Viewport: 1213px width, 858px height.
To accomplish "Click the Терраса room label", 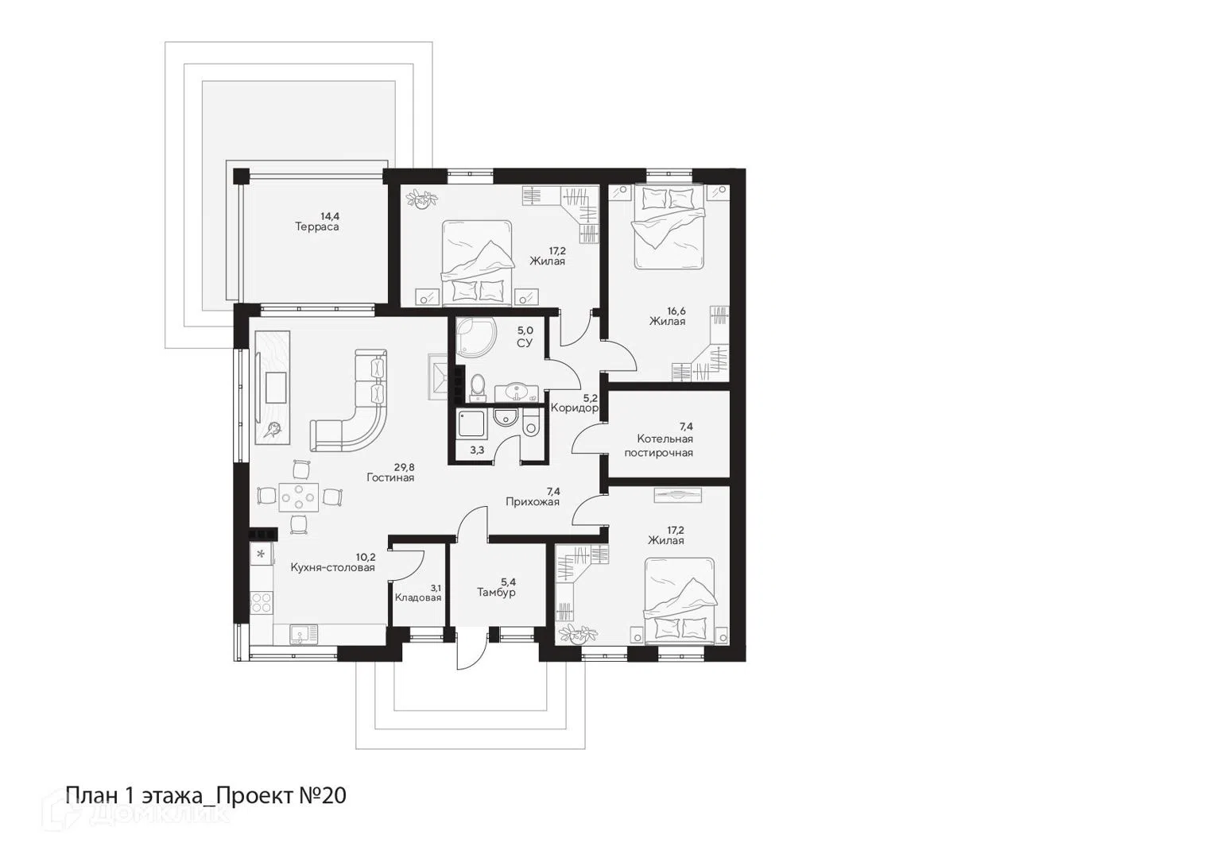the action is pos(317,227).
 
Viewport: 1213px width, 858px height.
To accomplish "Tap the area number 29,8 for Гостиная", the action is pos(404,466).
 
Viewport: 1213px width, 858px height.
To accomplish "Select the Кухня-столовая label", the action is pos(332,568).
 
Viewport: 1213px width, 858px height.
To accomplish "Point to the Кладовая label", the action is pos(418,597).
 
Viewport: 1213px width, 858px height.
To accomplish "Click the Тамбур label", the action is pos(496,593).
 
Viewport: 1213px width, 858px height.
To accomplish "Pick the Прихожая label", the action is pos(533,502).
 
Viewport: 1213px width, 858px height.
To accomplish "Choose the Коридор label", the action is pos(574,408).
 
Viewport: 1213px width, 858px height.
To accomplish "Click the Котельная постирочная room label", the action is pos(659,446).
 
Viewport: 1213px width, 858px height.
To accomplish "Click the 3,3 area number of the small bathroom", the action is pos(477,450).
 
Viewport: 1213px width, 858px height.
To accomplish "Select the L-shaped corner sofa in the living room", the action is pos(350,400).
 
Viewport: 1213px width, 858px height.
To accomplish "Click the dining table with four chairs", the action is pos(299,495).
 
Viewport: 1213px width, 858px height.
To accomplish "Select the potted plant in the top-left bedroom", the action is pos(422,199).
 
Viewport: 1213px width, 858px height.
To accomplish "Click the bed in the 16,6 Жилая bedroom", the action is pos(670,227).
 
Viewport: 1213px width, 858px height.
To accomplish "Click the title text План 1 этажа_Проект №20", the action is pos(206,796).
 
